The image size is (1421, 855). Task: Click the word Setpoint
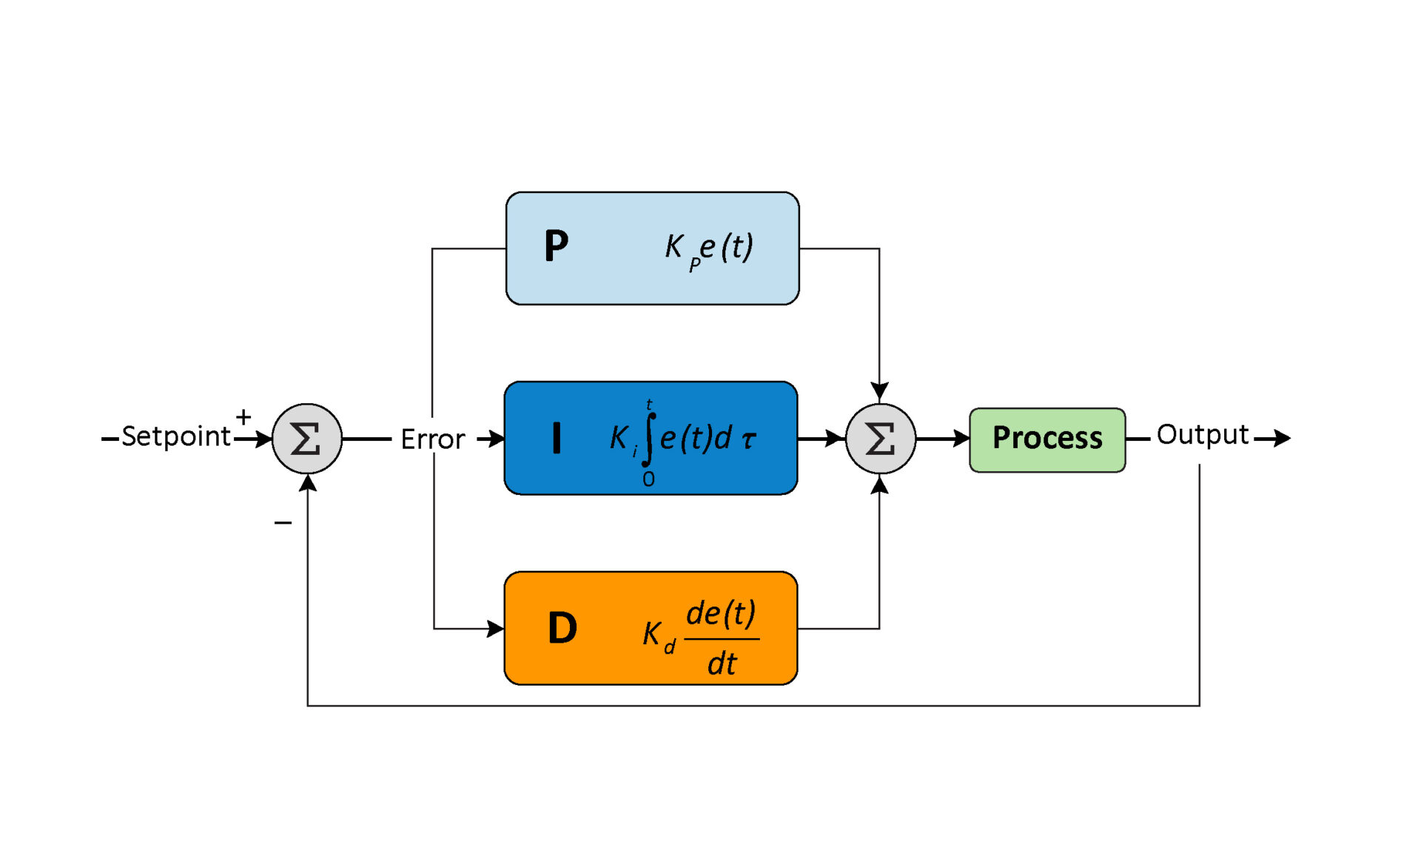pyautogui.click(x=175, y=436)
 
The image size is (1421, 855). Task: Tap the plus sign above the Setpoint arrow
pyautogui.click(x=243, y=417)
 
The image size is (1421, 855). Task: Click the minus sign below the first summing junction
pyautogui.click(x=283, y=523)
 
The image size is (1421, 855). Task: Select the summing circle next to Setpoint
pyautogui.click(x=307, y=439)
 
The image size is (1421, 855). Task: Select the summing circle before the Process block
pyautogui.click(x=880, y=439)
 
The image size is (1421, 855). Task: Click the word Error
pyautogui.click(x=432, y=439)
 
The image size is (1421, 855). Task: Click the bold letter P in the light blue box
pyautogui.click(x=557, y=246)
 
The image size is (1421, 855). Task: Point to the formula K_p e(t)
pyautogui.click(x=709, y=249)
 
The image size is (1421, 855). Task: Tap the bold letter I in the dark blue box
pyautogui.click(x=557, y=437)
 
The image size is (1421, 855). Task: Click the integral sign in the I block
pyautogui.click(x=649, y=439)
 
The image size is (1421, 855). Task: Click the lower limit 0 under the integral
pyautogui.click(x=648, y=479)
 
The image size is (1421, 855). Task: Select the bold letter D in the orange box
pyautogui.click(x=562, y=629)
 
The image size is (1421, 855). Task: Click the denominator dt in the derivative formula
pyautogui.click(x=722, y=663)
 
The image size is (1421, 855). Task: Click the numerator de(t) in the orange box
pyautogui.click(x=721, y=613)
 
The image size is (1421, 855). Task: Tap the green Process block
pyautogui.click(x=1047, y=439)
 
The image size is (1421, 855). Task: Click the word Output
pyautogui.click(x=1203, y=435)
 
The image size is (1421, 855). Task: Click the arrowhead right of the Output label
pyautogui.click(x=1282, y=439)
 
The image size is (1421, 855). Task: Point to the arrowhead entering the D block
pyautogui.click(x=496, y=629)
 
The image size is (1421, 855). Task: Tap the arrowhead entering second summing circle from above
pyautogui.click(x=879, y=391)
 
